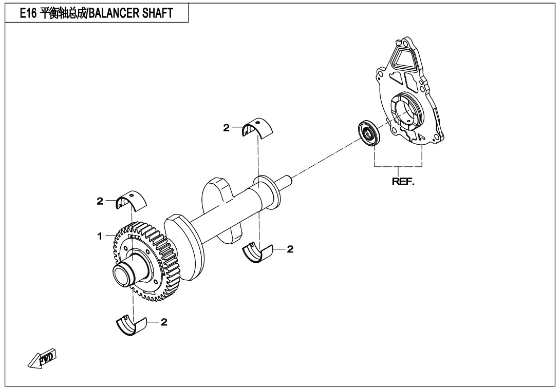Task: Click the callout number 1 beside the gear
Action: point(101,236)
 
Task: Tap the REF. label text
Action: point(403,182)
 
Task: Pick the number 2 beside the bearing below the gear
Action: point(164,322)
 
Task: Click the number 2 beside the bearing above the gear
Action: point(100,201)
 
